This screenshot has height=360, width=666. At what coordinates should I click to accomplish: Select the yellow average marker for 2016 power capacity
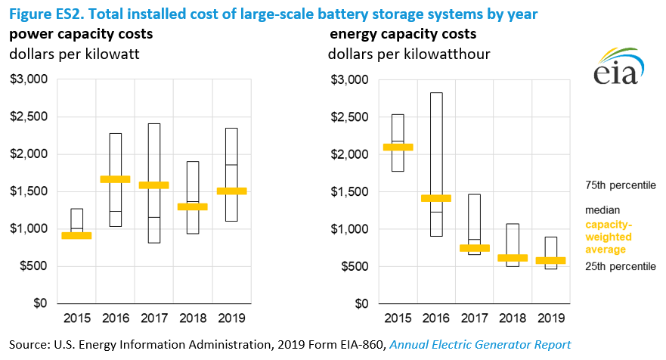pos(116,179)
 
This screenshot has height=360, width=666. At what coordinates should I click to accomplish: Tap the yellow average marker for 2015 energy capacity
pos(398,147)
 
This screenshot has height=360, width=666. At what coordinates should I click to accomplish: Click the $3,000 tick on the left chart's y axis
pos(32,79)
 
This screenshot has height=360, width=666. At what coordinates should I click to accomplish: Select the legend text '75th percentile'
pos(621,185)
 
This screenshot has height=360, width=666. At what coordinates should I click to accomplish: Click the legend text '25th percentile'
pos(621,266)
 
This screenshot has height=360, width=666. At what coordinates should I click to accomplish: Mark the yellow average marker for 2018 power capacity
pos(193,206)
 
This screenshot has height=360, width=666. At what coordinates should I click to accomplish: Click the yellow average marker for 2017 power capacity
pos(154,185)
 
